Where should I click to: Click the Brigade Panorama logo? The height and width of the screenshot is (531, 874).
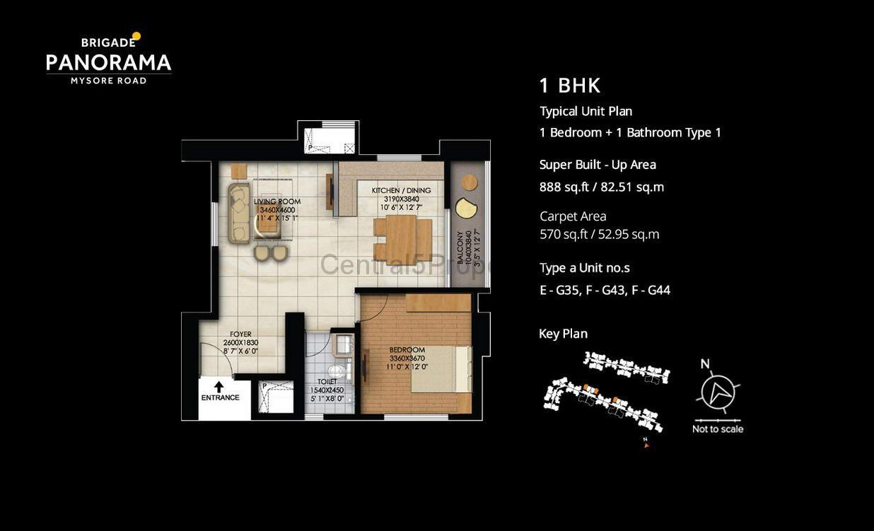(109, 59)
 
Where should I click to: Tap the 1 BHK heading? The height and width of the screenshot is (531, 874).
(570, 86)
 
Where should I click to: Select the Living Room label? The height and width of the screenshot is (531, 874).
(277, 202)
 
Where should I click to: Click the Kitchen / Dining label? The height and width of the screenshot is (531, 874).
(401, 190)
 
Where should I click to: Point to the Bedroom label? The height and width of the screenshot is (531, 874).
(407, 350)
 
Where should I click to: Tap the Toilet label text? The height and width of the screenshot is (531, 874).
(327, 382)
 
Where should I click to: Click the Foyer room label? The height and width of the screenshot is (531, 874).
(240, 334)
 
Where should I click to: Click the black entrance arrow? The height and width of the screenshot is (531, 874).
(218, 386)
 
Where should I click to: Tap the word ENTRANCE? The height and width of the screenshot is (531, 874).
(220, 397)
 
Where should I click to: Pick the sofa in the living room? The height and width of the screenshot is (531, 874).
(239, 213)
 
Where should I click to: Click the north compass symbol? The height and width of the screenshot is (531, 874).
(718, 390)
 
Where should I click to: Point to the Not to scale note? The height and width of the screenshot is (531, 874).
(718, 429)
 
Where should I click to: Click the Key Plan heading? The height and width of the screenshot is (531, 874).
(563, 334)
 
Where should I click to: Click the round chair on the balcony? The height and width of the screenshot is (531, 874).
(470, 182)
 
